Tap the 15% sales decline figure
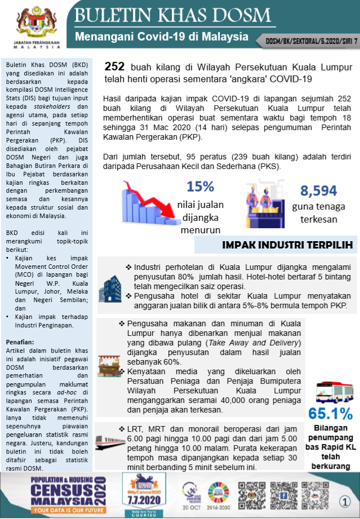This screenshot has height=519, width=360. click(201, 187)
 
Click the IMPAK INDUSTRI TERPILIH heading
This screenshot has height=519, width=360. click(287, 245)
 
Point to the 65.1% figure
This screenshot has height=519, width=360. click(330, 413)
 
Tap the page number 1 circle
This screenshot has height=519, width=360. click(344, 500)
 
